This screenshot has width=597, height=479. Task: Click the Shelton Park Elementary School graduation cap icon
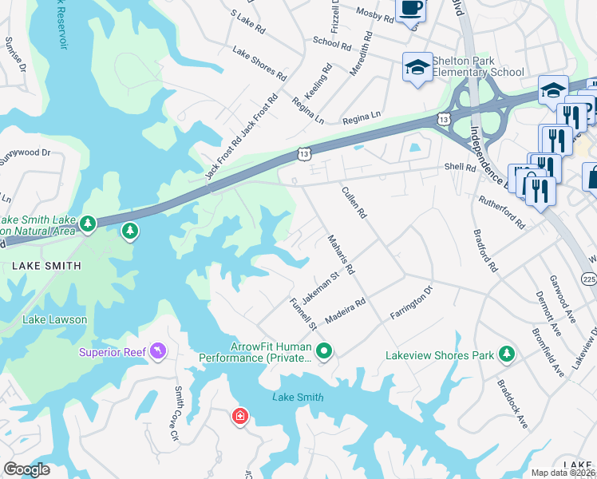pos(417,68)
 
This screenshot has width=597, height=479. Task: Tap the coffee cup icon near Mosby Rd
pos(411,9)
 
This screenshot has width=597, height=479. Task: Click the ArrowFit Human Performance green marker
pos(324,350)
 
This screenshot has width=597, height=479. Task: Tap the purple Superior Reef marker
pos(159,351)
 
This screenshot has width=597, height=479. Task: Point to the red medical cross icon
pos(239,416)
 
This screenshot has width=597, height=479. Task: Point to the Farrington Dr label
pos(410,303)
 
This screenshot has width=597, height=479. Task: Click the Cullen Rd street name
pos(354,203)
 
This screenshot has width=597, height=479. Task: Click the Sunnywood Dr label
pos(24,152)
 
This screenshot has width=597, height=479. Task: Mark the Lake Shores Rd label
pos(259,64)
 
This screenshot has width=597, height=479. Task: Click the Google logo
pos(26,469)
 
